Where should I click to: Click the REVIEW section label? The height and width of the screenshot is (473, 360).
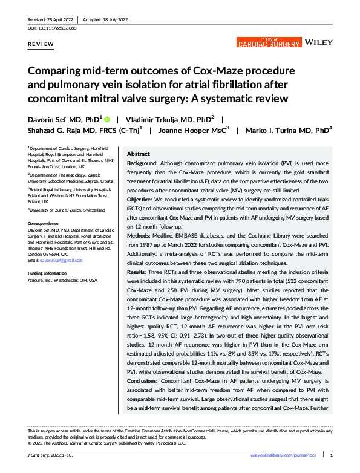pyautogui.click(x=40, y=45)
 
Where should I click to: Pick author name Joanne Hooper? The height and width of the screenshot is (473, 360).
pyautogui.click(x=183, y=130)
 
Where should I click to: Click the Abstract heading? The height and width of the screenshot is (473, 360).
pyautogui.click(x=139, y=155)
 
